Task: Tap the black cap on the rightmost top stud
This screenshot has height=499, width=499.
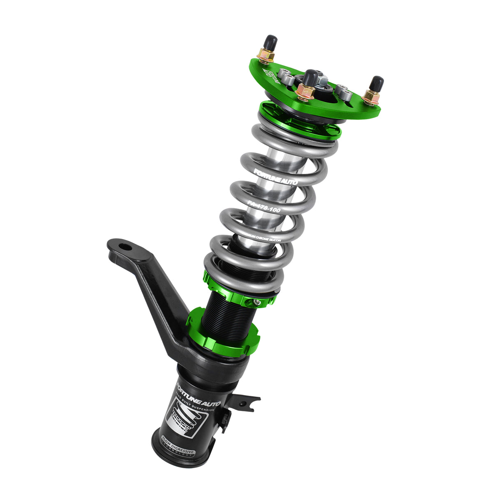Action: (x=377, y=83)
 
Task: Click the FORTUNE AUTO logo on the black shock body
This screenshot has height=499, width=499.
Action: (x=198, y=395)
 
